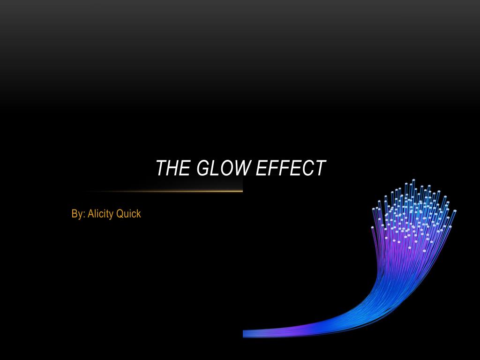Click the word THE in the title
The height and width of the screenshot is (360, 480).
[x=173, y=168]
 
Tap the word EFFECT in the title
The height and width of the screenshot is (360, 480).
[x=291, y=168]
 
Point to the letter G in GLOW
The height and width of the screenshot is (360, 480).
[x=203, y=168]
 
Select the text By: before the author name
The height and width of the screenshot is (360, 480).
[x=78, y=214]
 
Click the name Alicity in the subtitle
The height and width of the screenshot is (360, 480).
[x=100, y=214]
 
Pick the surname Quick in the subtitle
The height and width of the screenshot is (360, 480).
[x=128, y=213]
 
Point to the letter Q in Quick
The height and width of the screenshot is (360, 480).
[x=120, y=214]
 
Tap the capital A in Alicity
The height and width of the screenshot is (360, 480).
[x=91, y=214]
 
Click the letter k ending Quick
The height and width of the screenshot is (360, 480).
[x=139, y=213]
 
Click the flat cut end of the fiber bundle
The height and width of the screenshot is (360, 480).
[x=244, y=334]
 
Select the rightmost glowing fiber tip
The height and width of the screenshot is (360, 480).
[x=455, y=211]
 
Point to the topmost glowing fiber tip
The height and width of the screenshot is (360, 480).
[x=413, y=180]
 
